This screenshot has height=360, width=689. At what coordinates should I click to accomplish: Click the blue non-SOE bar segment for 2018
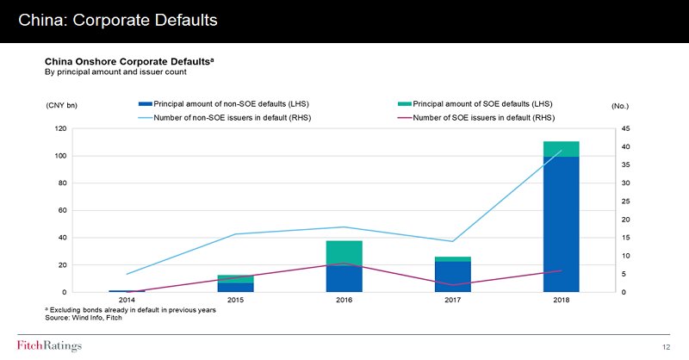tap(561, 224)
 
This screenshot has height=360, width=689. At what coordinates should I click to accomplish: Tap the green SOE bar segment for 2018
tap(561, 149)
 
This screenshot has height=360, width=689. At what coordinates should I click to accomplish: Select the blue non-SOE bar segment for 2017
tap(452, 276)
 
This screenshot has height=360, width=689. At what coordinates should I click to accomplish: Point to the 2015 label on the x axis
tap(235, 300)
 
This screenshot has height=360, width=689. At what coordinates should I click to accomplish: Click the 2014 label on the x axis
tap(127, 300)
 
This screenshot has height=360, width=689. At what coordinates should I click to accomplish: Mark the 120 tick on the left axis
tap(60, 128)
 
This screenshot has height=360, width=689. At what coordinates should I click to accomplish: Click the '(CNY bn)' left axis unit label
tap(61, 106)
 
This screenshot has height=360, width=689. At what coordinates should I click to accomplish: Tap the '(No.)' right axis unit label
tap(619, 106)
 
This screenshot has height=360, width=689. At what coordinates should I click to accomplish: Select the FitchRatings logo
tap(49, 346)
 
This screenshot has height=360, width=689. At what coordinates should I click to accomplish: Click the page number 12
tap(666, 346)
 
